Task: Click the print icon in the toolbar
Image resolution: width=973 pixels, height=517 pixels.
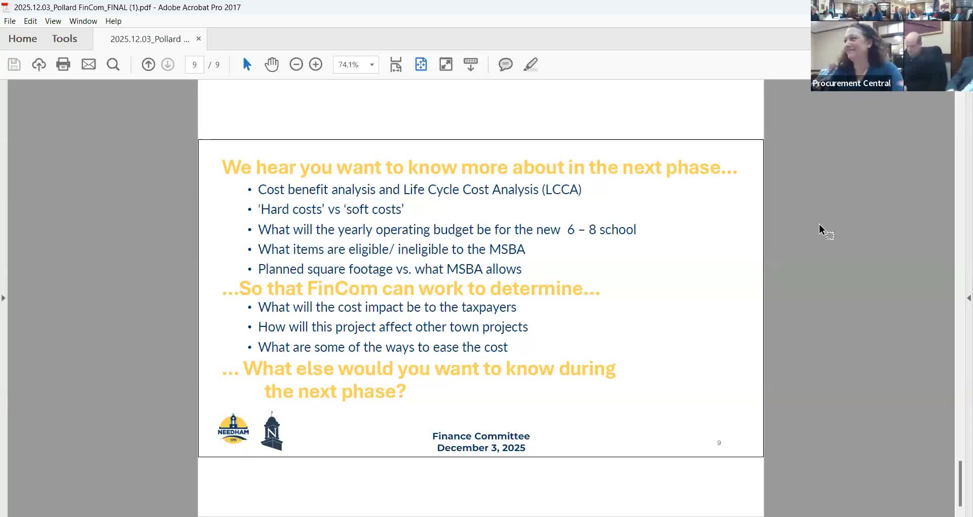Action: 63,64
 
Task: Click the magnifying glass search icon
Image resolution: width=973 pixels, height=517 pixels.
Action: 113,64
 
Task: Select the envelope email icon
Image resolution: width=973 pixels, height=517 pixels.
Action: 89,64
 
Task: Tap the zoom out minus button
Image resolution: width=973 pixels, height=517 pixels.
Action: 296,64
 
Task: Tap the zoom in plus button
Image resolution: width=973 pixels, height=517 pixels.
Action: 316,64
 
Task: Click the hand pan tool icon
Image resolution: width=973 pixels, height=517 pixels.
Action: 272,64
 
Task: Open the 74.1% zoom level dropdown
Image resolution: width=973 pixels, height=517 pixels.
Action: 371,65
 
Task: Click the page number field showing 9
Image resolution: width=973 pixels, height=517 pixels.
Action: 195,65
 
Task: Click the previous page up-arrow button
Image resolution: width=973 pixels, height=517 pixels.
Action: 148,64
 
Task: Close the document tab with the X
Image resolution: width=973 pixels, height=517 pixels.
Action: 199,39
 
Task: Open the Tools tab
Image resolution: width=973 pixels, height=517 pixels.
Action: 64,39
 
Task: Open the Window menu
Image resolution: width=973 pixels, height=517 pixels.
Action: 83,21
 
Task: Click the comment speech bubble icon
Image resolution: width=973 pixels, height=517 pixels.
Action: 505,64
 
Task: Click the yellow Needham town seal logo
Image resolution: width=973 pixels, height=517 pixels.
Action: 233,429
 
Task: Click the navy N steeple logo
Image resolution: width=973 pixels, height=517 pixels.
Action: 272,432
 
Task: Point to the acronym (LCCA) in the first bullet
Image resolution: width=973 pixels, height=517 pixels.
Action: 562,190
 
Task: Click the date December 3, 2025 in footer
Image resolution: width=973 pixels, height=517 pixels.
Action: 481,448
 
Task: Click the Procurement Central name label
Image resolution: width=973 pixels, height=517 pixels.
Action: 851,83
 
